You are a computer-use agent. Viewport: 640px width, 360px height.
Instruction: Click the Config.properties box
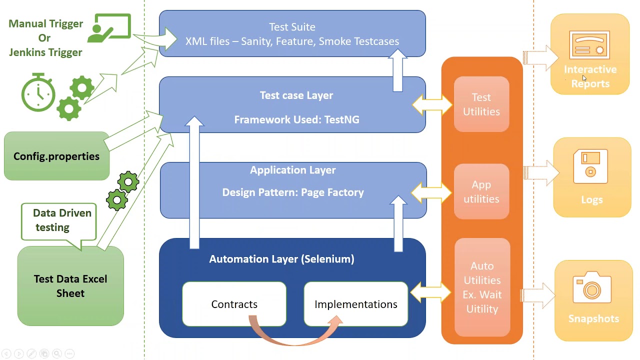[x=56, y=156]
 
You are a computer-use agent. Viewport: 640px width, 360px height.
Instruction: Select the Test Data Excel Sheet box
[x=70, y=286]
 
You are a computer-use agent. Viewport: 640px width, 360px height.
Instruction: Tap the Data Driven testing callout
[x=59, y=220]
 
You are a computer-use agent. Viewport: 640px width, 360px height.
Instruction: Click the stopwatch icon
[x=38, y=92]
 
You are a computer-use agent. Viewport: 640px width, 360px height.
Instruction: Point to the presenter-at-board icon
[x=109, y=28]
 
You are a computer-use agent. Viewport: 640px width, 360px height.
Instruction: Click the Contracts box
[x=234, y=304]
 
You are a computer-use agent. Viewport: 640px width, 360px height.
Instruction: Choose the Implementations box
[x=355, y=304]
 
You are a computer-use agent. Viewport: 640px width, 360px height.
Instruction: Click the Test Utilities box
[x=481, y=104]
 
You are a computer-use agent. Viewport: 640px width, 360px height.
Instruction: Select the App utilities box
[x=481, y=192]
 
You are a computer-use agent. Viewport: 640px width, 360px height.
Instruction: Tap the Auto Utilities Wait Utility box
[x=482, y=287]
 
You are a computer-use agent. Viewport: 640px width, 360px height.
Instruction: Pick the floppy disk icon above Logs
[x=590, y=166]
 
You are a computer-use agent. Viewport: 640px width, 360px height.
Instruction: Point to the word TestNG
[x=342, y=119]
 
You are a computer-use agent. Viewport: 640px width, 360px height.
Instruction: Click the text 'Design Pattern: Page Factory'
[x=293, y=192]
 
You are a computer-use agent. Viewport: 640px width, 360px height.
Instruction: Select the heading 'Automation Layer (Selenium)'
[x=281, y=259]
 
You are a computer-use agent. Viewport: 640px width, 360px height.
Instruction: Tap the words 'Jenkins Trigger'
[x=45, y=52]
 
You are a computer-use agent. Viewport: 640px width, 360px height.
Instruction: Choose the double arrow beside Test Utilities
[x=432, y=104]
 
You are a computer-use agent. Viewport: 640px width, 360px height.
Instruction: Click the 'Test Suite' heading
[x=292, y=27]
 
